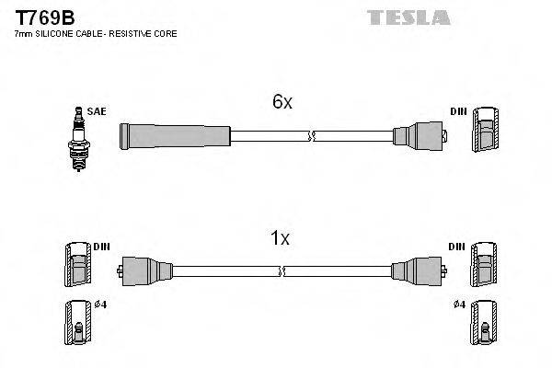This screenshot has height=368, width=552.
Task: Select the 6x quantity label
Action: (282, 103)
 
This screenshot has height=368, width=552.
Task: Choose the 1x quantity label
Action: (280, 239)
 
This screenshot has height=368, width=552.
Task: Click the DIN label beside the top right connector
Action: (458, 111)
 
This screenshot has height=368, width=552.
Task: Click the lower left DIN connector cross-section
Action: (79, 269)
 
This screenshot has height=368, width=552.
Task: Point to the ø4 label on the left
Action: (99, 305)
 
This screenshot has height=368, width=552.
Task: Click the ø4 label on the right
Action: (459, 305)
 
